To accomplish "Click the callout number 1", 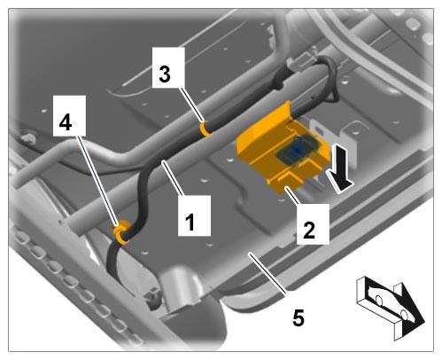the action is pyautogui.click(x=190, y=223).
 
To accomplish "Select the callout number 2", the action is pyautogui.click(x=309, y=231).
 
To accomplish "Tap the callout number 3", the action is pyautogui.click(x=165, y=74).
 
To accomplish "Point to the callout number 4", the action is pyautogui.click(x=66, y=122).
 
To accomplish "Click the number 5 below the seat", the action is pyautogui.click(x=299, y=318).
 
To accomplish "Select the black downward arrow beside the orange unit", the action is pyautogui.click(x=339, y=168).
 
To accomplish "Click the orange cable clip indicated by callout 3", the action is pyautogui.click(x=205, y=130).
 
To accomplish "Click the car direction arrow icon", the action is pyautogui.click(x=391, y=308).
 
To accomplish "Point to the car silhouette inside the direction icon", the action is pyautogui.click(x=390, y=303).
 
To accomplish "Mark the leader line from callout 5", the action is pyautogui.click(x=268, y=272).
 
